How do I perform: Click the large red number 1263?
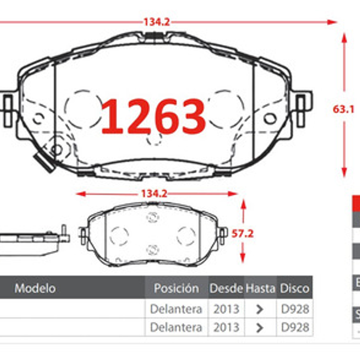pos(153,116)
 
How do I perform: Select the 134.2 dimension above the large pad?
pos(157,22)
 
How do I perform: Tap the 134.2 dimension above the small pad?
pos(154,193)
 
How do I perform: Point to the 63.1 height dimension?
pos(343,109)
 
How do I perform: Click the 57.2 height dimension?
pos(243,234)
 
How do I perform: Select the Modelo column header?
pos(35,288)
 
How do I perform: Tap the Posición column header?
pos(176,288)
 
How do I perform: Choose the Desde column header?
pos(226,288)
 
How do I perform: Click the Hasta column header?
pos(260,288)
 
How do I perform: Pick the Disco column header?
pos(294,288)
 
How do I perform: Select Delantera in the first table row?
pos(176,309)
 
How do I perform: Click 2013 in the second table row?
pos(226,327)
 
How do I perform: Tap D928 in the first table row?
pos(295,309)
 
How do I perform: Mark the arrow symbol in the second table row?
pos(260,327)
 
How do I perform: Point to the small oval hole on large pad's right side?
pos(270,119)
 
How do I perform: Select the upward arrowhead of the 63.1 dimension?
pos(344,38)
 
